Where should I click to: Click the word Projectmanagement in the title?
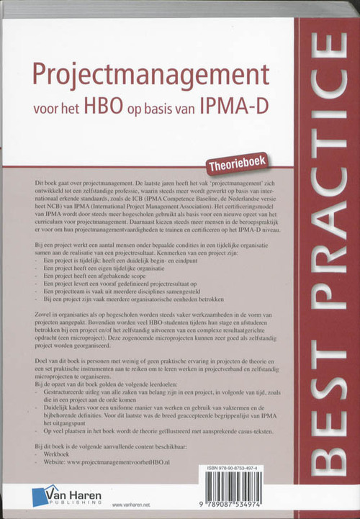click(x=145, y=76)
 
